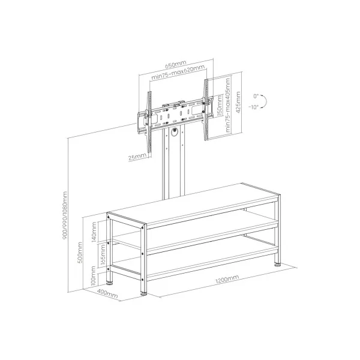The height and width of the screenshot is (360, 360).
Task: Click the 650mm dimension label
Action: pos(176,64)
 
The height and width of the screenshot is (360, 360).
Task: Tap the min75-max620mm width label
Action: pos(178,72)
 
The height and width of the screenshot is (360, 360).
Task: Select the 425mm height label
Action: pos(238,102)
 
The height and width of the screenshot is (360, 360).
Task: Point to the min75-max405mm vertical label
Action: pos(227,105)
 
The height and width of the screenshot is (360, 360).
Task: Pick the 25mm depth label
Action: pos(137,157)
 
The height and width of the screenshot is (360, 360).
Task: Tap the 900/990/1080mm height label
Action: pos(65,215)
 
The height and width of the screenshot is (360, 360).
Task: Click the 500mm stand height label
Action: pos(80,253)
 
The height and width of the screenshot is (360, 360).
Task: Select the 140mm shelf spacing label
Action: pos(94,232)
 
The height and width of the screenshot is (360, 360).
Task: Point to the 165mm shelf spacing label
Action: pos(103,254)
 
